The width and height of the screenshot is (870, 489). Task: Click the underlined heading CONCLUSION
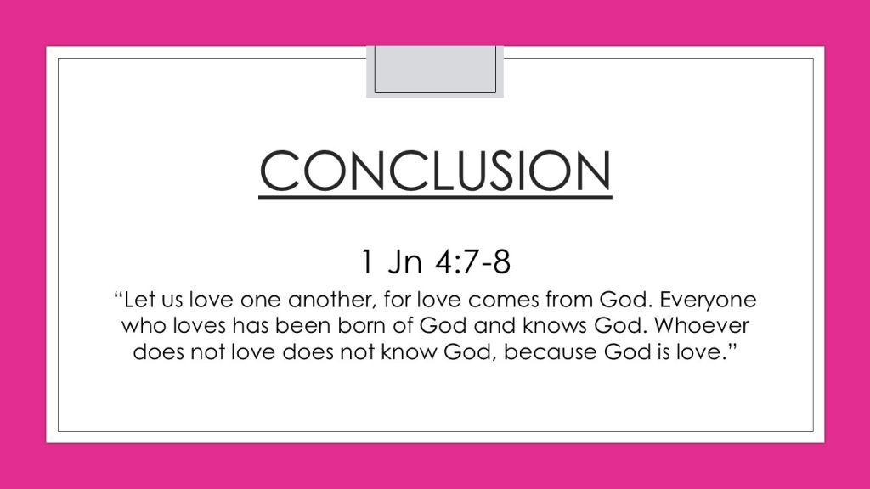[435, 171]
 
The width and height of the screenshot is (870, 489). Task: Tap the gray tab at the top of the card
[435, 71]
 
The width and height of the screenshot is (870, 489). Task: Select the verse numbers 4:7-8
[472, 261]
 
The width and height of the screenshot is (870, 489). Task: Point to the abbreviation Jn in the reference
[404, 261]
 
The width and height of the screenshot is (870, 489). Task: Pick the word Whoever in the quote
[702, 325]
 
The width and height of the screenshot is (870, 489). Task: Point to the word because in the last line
[550, 351]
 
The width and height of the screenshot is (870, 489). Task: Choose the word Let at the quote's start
[138, 300]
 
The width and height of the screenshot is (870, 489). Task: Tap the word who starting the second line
[144, 325]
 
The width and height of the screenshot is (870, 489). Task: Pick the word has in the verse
[251, 325]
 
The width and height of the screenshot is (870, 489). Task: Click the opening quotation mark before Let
[118, 295]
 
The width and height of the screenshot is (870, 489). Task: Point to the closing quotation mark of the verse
[732, 346]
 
